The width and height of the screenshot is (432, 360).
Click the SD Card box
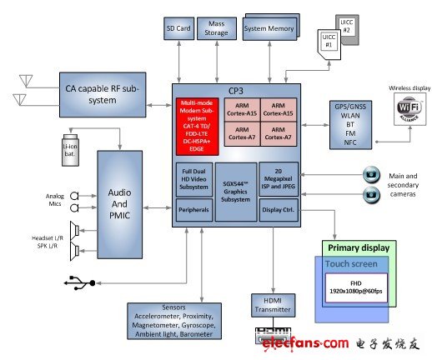(179, 29)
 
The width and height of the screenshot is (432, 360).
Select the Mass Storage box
(217, 28)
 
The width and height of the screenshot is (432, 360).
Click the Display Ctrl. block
(278, 210)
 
